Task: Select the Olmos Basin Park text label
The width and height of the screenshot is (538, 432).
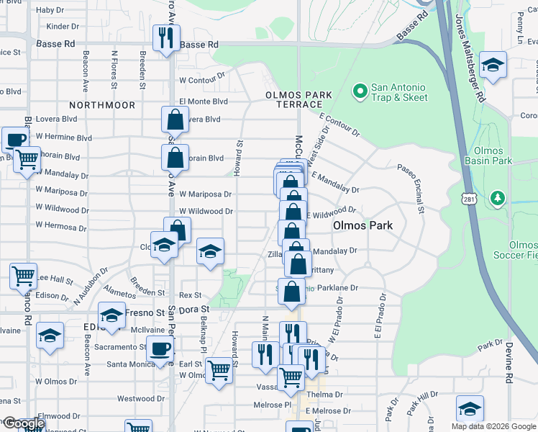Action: [x=488, y=156]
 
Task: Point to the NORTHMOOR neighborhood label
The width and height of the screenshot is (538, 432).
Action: [x=108, y=105]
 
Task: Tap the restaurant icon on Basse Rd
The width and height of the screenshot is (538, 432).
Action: [x=166, y=37]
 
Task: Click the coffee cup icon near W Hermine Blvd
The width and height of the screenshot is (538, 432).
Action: [x=14, y=139]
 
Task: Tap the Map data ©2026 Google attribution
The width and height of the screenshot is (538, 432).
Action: [x=492, y=426]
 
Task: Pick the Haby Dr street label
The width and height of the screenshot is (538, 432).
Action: [x=50, y=10]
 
